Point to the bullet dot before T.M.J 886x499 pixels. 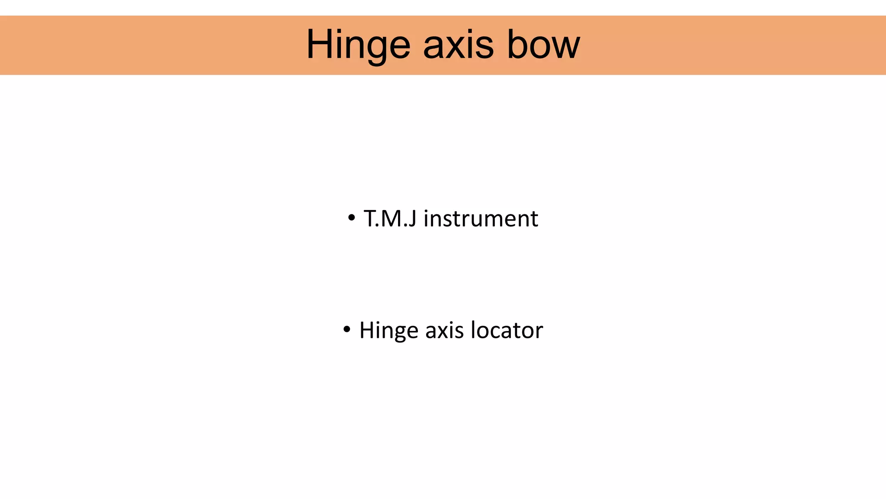351,217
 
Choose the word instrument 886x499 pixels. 481,218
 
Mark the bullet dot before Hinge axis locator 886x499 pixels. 347,330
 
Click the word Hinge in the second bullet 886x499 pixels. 389,331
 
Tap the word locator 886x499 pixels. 507,331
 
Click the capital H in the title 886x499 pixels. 320,45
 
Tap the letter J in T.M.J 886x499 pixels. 412,218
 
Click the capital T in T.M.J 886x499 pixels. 370,218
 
